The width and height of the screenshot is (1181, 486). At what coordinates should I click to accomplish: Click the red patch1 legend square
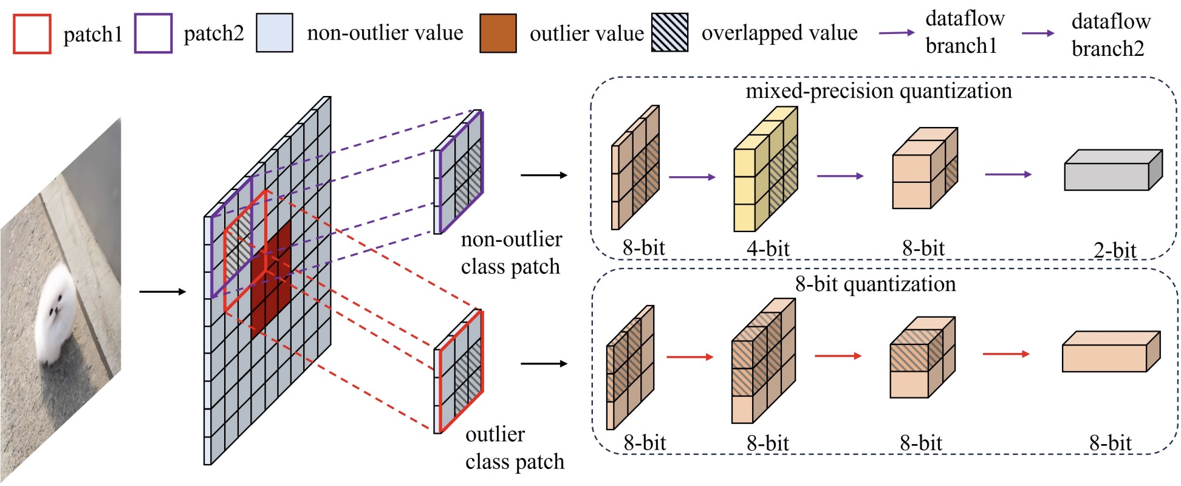tap(32, 34)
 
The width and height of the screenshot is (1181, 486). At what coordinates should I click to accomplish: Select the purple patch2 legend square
tap(153, 33)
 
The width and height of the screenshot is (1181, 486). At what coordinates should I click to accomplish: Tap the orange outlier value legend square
tap(498, 33)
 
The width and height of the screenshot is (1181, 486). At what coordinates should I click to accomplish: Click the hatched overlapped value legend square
tap(669, 32)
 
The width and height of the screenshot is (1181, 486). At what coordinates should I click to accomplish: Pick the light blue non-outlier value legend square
tap(274, 33)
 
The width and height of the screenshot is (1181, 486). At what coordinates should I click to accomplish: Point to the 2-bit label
tap(1114, 250)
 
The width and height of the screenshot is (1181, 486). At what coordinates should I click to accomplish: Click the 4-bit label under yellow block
tap(768, 248)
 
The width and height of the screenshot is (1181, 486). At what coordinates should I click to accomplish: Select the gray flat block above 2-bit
tap(1112, 171)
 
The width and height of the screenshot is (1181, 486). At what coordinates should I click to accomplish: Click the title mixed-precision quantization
tap(878, 91)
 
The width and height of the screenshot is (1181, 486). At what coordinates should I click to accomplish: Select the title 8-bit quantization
tap(875, 284)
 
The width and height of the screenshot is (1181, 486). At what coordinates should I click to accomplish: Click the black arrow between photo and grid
tap(162, 292)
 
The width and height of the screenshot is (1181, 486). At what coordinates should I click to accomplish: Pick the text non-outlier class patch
tap(511, 253)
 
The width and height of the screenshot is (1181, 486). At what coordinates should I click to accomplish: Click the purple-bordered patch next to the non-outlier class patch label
tap(459, 173)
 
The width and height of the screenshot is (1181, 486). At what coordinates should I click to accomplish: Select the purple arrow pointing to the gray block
tap(1008, 175)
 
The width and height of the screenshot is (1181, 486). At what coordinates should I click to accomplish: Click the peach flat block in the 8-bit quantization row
tap(1111, 352)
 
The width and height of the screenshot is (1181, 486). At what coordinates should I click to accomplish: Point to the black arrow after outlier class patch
tap(544, 363)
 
